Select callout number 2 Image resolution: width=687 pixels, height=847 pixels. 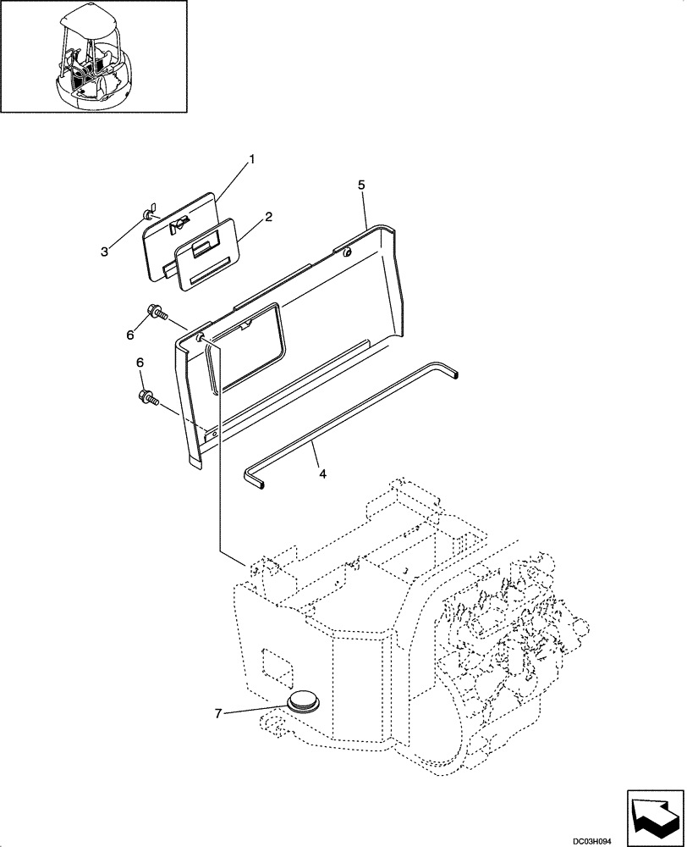268,217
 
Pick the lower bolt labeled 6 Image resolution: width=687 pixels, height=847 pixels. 148,396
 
